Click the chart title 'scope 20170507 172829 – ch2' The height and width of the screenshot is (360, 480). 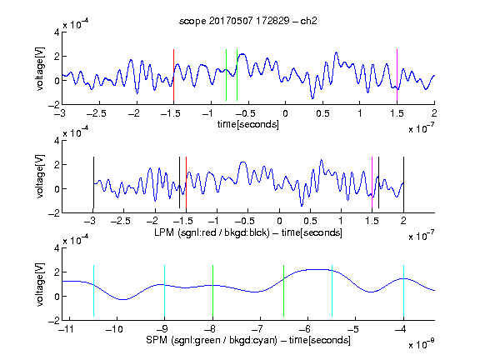coord(247,21)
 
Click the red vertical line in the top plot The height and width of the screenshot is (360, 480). coord(173,75)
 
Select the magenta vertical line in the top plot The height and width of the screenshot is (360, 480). coord(397,75)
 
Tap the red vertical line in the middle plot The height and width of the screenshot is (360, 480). coord(186,182)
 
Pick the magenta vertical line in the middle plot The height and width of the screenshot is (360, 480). coord(372,182)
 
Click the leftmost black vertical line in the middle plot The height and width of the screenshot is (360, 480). coord(93,182)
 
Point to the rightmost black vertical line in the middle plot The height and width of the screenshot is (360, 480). coord(403,182)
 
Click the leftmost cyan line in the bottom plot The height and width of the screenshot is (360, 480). coord(93,291)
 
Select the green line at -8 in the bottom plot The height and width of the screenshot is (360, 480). coord(212,291)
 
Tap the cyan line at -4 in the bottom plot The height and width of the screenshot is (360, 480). coord(403,291)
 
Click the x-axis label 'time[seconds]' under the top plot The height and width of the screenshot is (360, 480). coord(248,124)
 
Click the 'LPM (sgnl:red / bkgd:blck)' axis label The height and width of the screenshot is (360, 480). coord(212,232)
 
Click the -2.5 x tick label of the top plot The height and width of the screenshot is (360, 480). coord(96,113)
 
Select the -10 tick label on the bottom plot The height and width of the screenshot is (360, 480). coord(114,329)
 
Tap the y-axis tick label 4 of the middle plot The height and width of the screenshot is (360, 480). coord(57,141)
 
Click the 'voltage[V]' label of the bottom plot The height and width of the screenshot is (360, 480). coord(40,284)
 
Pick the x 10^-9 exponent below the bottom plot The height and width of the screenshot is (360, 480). coord(421,344)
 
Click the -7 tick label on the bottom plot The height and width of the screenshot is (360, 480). coord(257,329)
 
